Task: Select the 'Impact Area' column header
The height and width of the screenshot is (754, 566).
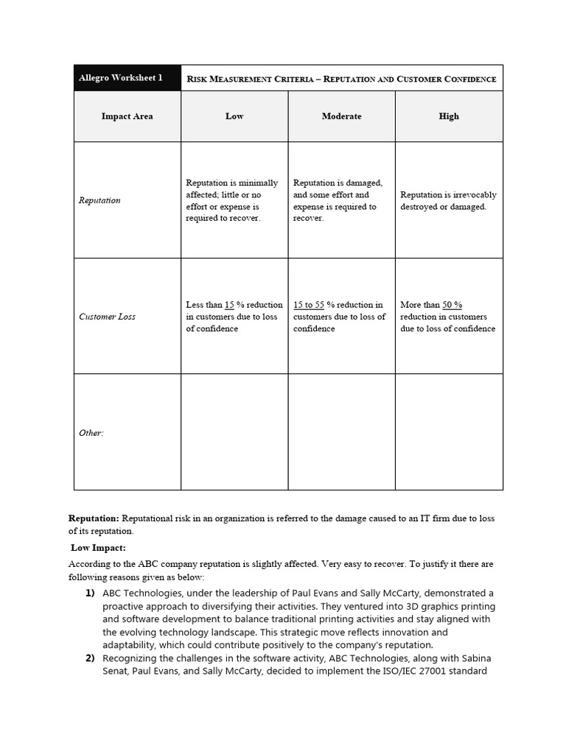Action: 127,116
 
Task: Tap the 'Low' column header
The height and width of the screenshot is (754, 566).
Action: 234,116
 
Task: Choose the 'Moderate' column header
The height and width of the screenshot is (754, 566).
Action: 341,116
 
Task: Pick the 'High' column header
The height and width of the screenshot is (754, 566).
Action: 449,116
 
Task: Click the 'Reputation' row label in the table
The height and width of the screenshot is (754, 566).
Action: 99,200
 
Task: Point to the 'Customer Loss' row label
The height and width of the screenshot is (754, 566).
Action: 107,317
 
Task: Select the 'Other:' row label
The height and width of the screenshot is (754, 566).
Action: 91,433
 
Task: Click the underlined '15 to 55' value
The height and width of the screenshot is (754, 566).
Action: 309,305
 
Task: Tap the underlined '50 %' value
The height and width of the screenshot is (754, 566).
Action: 453,305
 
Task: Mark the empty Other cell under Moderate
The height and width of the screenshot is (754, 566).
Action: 341,432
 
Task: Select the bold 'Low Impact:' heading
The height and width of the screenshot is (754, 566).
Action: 99,548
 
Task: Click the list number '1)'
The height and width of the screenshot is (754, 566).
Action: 90,593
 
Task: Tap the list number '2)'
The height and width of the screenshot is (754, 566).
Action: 90,658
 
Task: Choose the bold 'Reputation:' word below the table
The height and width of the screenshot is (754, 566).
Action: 94,518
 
